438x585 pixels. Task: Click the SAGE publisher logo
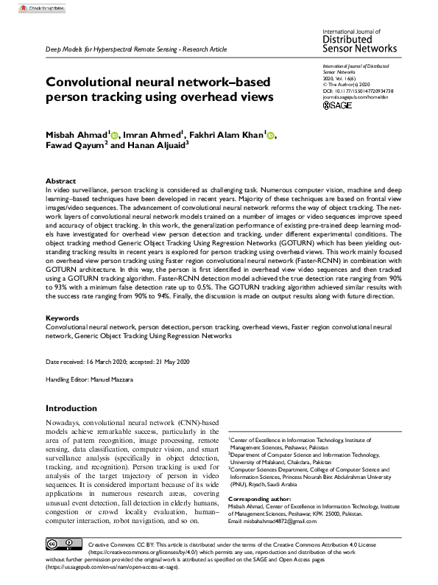click(x=339, y=105)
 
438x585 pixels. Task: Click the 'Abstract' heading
click(x=60, y=181)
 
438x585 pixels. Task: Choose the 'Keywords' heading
click(x=63, y=338)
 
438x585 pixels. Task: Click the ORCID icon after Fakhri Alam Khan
click(x=270, y=135)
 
